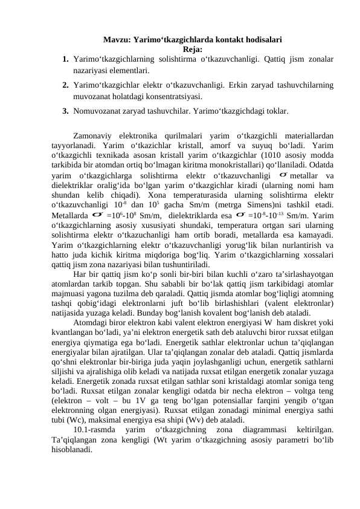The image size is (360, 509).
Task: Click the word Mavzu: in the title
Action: click(x=117, y=41)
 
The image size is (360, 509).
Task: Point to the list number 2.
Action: click(x=65, y=84)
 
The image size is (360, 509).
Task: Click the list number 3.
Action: click(x=65, y=111)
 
